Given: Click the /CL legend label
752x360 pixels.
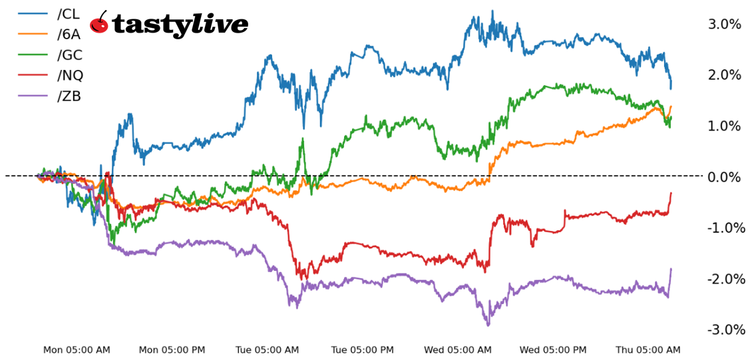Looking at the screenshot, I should tap(69, 13).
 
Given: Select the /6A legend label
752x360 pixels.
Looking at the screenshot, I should tap(69, 34).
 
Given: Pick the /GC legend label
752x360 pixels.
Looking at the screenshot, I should tap(70, 55).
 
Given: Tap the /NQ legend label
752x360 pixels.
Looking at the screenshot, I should tap(70, 75).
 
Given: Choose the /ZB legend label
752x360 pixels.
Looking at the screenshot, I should tap(69, 96).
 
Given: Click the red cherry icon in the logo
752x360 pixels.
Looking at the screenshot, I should tap(99, 23).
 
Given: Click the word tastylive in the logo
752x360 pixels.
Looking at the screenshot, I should tap(180, 25).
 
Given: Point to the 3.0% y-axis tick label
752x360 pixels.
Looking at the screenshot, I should tap(724, 24).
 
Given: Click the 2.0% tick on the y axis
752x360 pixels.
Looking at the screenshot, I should tap(724, 75).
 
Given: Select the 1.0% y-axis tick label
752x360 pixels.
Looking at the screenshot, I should tap(724, 126).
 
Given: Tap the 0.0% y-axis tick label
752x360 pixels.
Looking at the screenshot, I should tap(724, 176).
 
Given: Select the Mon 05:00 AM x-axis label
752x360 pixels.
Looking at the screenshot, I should tap(77, 349).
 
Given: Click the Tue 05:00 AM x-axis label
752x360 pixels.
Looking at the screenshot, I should tap(267, 349).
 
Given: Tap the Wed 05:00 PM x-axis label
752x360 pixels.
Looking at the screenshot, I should tap(553, 349).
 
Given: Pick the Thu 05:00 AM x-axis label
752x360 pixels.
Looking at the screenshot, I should tap(648, 349).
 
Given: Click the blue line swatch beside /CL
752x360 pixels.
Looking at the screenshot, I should tap(33, 13).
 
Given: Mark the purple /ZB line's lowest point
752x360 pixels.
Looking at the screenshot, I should tap(488, 325).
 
